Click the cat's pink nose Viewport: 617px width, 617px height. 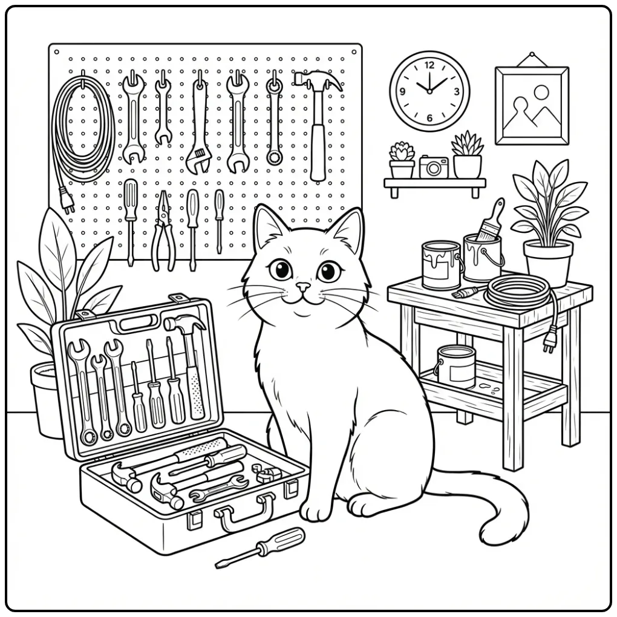pyautogui.click(x=302, y=287)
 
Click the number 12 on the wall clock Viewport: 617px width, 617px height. pyautogui.click(x=429, y=65)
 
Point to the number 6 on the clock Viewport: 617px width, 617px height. pyautogui.click(x=429, y=117)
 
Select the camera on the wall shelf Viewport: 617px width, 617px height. pyautogui.click(x=434, y=167)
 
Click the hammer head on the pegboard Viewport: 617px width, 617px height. pyautogui.click(x=318, y=80)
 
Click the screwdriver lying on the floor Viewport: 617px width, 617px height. pyautogui.click(x=260, y=547)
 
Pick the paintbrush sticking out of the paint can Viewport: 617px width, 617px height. pyautogui.click(x=489, y=220)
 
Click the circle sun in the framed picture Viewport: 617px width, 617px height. pyautogui.click(x=541, y=93)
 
